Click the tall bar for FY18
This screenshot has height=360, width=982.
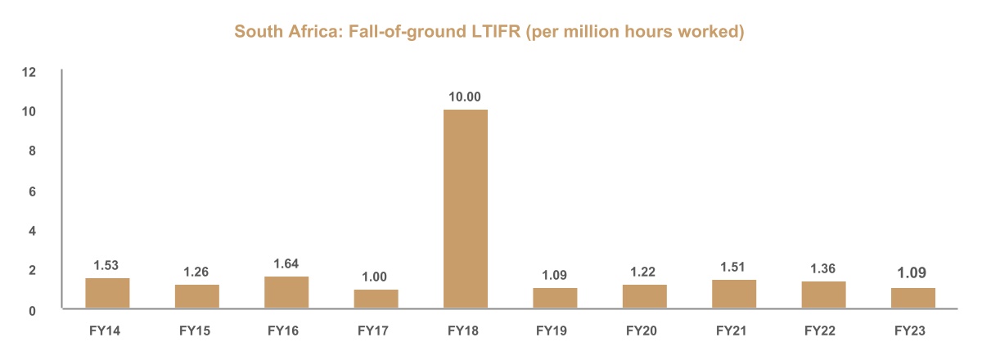click(x=465, y=209)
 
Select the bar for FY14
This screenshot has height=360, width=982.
click(x=107, y=294)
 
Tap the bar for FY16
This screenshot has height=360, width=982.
click(x=286, y=293)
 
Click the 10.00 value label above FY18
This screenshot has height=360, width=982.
click(x=465, y=97)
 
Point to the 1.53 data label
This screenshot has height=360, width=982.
click(x=107, y=265)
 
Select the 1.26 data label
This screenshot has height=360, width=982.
click(x=196, y=271)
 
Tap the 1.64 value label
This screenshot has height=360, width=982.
click(x=286, y=263)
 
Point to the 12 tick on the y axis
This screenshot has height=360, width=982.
click(x=29, y=72)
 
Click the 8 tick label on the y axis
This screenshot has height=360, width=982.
click(x=33, y=151)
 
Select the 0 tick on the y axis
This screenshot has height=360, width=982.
click(x=33, y=310)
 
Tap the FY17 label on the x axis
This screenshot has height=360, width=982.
click(x=376, y=332)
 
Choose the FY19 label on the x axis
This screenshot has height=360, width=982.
click(x=554, y=332)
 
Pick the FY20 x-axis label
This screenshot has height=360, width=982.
click(x=643, y=332)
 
